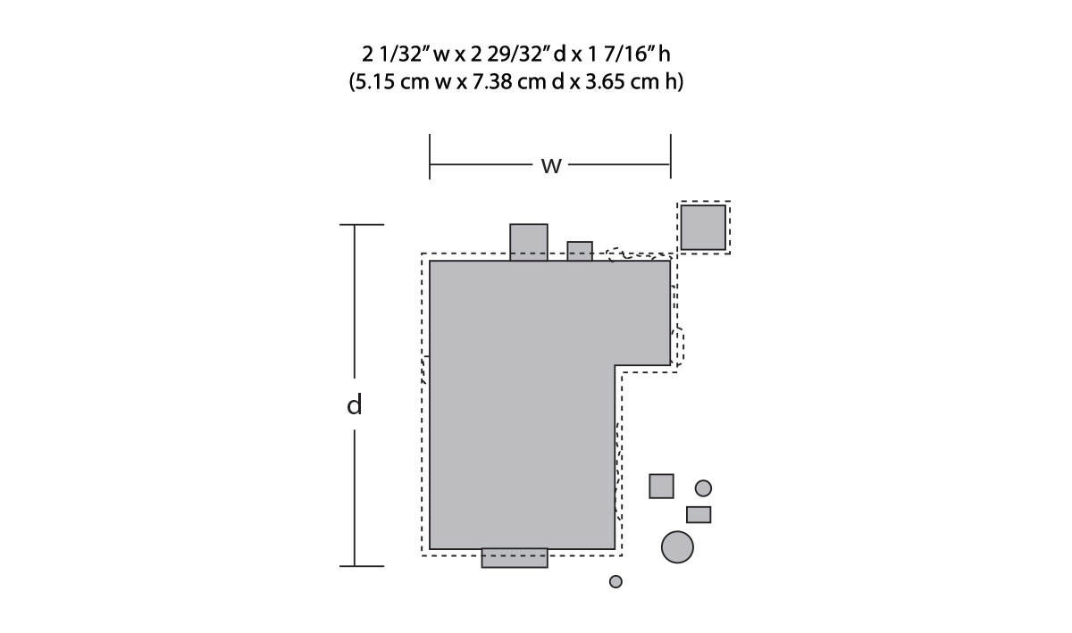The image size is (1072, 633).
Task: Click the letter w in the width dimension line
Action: [x=551, y=166]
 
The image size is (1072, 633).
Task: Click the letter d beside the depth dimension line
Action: [x=354, y=404]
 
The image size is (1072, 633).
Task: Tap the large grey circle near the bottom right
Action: [x=677, y=547]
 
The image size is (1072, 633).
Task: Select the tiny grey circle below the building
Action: [x=616, y=581]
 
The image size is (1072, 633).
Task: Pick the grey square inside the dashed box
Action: [x=703, y=228]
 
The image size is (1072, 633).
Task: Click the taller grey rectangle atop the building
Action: [x=529, y=242]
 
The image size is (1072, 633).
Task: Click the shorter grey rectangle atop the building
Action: [x=580, y=251]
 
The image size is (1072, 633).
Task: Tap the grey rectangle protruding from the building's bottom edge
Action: [x=515, y=558]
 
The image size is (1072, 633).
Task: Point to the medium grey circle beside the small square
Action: [x=703, y=488]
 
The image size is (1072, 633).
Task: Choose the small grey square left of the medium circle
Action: [x=661, y=486]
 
